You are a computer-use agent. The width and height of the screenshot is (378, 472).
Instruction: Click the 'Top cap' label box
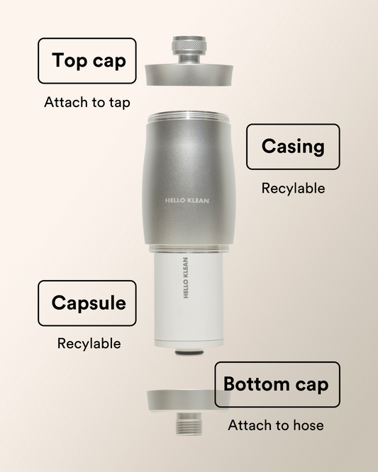[87, 61]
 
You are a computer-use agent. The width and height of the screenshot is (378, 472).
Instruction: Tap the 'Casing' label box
[292, 147]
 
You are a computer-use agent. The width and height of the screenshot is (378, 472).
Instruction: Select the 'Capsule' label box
[87, 303]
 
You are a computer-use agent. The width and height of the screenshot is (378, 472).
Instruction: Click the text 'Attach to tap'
[87, 103]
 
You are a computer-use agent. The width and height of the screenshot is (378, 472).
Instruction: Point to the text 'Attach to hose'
[276, 425]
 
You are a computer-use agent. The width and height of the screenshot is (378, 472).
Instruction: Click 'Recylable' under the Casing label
[293, 189]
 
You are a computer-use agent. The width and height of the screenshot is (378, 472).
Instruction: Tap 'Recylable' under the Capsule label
[89, 344]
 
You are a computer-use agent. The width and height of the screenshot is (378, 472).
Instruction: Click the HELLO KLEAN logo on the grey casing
[187, 201]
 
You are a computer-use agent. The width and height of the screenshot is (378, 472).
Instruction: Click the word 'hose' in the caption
[307, 425]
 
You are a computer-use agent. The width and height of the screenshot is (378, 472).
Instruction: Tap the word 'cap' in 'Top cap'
[109, 61]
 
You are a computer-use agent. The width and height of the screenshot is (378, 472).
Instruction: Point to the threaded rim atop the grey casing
[188, 118]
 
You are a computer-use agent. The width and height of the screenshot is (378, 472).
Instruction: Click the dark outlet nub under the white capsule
[188, 352]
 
